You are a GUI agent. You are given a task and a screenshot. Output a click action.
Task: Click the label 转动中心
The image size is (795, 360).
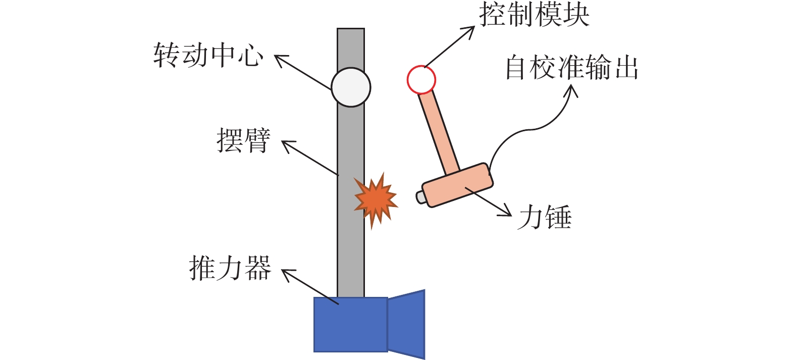click(208, 56)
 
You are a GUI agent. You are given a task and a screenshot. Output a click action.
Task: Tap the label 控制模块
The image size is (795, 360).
click(534, 15)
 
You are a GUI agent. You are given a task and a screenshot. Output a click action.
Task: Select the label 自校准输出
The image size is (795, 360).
click(571, 67)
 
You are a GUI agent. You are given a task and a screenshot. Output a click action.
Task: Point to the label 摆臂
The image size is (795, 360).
click(243, 140)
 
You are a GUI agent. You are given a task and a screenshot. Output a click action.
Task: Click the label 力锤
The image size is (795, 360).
click(544, 217)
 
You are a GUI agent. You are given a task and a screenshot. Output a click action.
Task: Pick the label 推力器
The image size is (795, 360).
click(230, 268)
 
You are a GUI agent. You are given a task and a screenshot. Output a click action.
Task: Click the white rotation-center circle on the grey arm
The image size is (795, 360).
click(351, 87)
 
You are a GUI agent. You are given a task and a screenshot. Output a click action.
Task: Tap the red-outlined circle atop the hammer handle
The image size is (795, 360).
click(421, 80)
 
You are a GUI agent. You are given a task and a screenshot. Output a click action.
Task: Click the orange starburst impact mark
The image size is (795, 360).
click(376, 200)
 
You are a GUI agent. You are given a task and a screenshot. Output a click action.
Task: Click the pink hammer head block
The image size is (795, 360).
click(457, 185)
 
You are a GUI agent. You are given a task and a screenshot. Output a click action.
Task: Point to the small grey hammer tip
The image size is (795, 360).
click(420, 197)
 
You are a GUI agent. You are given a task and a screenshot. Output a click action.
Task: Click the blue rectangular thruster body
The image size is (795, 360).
click(351, 325)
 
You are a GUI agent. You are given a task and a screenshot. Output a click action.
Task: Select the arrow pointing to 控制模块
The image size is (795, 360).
click(449, 46)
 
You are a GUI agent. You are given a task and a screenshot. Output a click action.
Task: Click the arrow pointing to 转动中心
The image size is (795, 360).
click(303, 72)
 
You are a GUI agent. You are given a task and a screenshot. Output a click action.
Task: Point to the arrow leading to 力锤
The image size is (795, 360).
click(489, 201)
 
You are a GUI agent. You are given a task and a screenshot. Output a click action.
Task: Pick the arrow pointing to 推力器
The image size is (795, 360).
click(310, 286)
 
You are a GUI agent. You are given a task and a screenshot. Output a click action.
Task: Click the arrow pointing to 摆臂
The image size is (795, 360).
click(310, 158)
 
